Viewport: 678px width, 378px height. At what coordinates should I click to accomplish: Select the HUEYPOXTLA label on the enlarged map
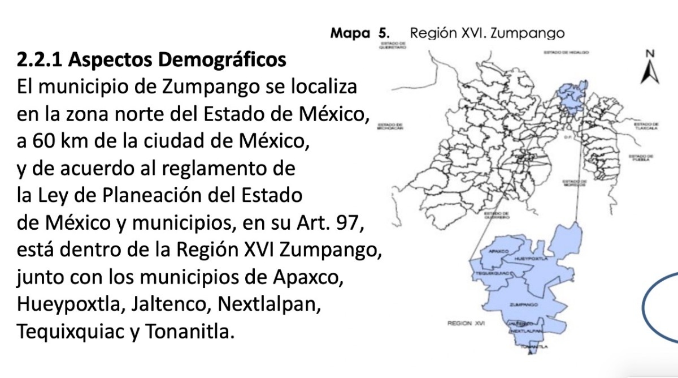coord(528,258)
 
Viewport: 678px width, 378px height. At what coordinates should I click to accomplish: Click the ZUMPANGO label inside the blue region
coord(524,305)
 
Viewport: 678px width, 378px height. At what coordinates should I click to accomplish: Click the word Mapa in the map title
coord(349,33)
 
